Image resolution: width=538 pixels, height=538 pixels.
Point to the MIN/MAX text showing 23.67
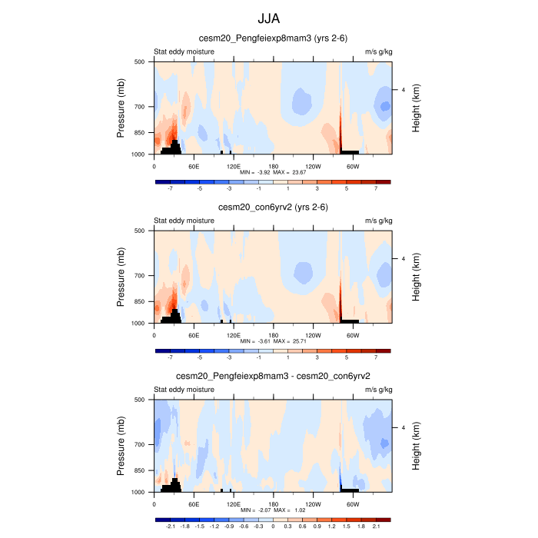coord(273,172)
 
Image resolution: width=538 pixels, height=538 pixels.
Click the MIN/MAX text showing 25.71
coord(273,341)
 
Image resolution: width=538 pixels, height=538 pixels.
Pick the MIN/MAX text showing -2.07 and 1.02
coord(273,510)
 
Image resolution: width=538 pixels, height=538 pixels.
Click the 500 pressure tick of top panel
coord(140,61)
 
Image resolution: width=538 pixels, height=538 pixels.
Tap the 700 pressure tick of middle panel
coord(140,275)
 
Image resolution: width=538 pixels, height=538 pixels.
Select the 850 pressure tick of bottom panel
coord(140,470)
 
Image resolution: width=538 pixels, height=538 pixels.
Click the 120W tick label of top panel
coord(313,165)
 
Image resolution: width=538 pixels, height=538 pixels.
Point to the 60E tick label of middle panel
coord(194,334)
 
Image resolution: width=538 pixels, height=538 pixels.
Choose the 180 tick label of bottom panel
coord(273,503)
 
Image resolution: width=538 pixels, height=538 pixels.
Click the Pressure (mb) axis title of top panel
coord(121,108)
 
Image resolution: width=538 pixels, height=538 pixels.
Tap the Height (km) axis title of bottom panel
coord(416,446)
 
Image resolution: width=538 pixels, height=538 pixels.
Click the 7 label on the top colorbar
coord(376,188)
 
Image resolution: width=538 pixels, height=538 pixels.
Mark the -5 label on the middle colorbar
coord(199,357)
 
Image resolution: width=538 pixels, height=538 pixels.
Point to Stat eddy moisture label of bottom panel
coord(184,390)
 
